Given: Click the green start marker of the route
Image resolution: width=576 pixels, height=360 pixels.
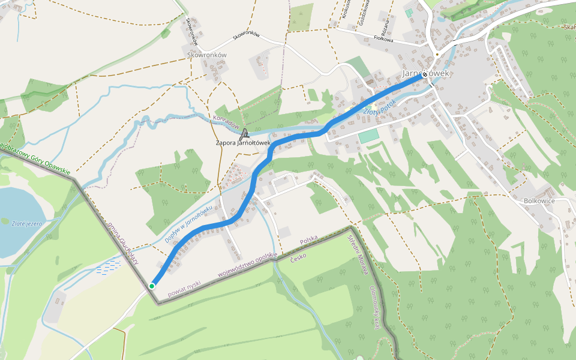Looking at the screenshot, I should click(x=152, y=286).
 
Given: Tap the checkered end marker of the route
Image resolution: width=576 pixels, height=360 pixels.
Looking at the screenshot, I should click(x=425, y=75).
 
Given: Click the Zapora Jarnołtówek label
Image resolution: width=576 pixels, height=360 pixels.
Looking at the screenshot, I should click(x=243, y=143).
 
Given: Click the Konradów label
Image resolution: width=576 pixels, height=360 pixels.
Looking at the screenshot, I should click(x=226, y=122).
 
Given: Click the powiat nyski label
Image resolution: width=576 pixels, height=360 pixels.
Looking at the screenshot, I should click(x=184, y=284).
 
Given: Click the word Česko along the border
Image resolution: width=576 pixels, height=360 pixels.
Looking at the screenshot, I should click(x=298, y=256).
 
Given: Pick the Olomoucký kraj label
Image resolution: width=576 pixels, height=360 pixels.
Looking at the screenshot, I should click(x=376, y=307).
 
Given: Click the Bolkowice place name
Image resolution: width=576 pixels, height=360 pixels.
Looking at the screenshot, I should click(x=539, y=201).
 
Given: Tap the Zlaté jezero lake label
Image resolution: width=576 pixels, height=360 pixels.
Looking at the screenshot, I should click(x=26, y=223).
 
